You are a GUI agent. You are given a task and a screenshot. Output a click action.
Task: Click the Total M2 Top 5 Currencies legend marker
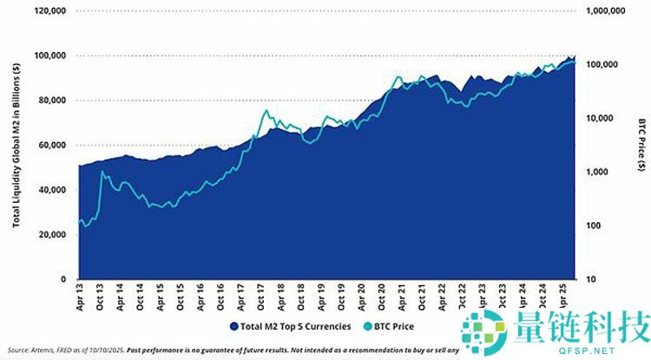pos(233,326)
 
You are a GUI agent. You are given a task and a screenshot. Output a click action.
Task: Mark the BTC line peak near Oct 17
pos(266,111)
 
